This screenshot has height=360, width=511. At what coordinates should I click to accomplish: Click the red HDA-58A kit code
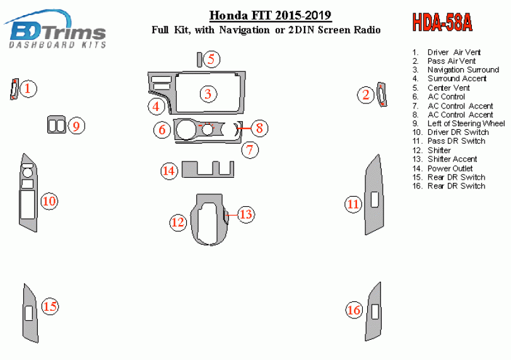point(442,23)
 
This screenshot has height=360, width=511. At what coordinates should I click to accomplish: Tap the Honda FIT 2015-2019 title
point(270,15)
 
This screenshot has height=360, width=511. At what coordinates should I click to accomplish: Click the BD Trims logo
point(55,29)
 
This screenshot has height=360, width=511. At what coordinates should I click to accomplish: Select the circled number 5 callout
point(211,59)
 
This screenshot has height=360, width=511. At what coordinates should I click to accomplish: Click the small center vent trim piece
point(199,60)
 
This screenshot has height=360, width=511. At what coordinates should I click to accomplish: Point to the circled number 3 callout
point(208,94)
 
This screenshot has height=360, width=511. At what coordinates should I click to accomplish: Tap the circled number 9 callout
point(76,126)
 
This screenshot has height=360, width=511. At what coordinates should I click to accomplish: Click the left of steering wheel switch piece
point(57,124)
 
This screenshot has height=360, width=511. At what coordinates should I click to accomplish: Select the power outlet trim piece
point(208,169)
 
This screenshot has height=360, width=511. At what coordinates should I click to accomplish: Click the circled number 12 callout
point(178,222)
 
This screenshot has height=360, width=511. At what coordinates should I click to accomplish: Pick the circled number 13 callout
point(246,214)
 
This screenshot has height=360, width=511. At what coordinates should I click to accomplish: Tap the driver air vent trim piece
point(14,89)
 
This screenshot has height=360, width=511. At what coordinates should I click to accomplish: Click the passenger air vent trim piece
point(382,95)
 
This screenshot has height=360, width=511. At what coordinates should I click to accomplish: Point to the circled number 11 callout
point(353,204)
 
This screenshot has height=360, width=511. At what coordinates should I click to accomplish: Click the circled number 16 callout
point(355,310)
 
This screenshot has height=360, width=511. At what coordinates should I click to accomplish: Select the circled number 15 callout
point(50,306)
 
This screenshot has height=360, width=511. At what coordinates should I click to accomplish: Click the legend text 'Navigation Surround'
point(463,70)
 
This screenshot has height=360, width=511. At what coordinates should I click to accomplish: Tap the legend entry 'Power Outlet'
point(450,168)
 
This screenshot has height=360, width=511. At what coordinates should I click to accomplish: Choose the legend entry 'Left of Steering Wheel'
point(466,124)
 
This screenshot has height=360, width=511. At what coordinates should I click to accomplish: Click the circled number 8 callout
point(259,128)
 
